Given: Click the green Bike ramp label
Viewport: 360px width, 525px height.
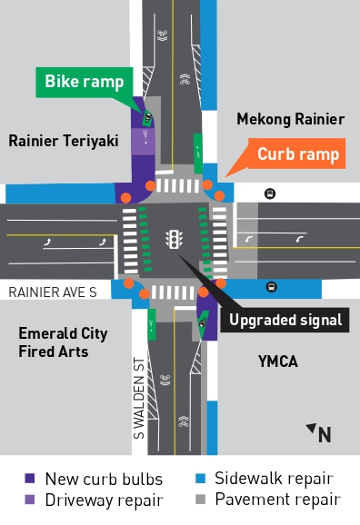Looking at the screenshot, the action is click(85, 81).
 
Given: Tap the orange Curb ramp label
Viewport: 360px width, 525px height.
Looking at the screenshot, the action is click(298, 154).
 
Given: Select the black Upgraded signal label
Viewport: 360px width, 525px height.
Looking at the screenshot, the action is click(285, 320).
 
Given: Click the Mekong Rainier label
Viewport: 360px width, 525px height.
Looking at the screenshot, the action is click(290, 119).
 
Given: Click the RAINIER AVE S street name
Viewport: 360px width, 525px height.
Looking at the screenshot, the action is click(52, 292).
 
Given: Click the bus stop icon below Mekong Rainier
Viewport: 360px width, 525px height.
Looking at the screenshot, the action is click(270, 193).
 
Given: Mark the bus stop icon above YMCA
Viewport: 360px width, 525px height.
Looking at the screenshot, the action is click(271, 287).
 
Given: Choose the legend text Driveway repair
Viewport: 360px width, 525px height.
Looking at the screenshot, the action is click(104, 499).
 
